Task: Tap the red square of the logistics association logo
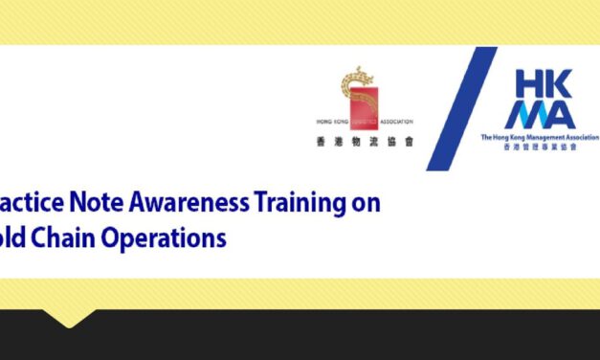[x=362, y=100]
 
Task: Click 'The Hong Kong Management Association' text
[x=540, y=137]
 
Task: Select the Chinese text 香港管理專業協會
[x=540, y=147]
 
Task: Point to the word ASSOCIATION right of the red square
[x=394, y=124]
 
